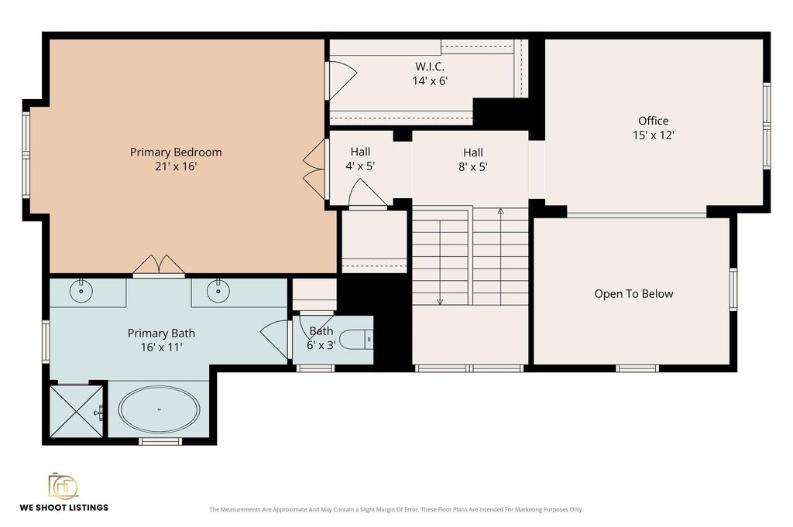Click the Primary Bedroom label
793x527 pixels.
point(176,152)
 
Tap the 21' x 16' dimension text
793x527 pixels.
point(176,166)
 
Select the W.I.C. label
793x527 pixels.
point(430,67)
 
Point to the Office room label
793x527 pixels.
point(654,121)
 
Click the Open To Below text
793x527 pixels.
point(633,294)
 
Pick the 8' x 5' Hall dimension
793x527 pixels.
point(473,166)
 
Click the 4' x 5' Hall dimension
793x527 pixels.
point(360,166)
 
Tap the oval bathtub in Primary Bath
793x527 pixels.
point(159,409)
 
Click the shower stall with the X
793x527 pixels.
point(77,411)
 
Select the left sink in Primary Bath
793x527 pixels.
point(81,291)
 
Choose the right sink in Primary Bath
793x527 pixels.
point(218,291)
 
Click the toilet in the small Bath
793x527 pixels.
point(356,340)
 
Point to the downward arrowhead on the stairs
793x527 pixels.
point(440,302)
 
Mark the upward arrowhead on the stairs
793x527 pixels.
point(501,210)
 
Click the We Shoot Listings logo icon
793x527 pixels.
point(64,486)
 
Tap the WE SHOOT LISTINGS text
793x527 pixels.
point(64,508)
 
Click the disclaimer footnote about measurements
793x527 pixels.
point(396,509)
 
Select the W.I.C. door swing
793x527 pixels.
point(342,80)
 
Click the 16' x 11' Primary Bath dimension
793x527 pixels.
point(161,347)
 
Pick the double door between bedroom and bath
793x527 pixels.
point(159,265)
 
